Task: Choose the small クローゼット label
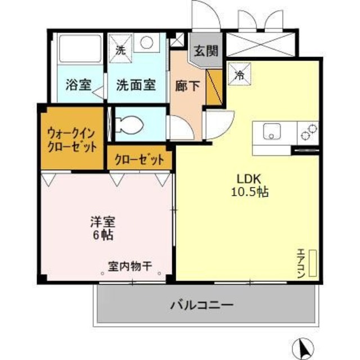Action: click(139, 159)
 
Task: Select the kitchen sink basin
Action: click(272, 133)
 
